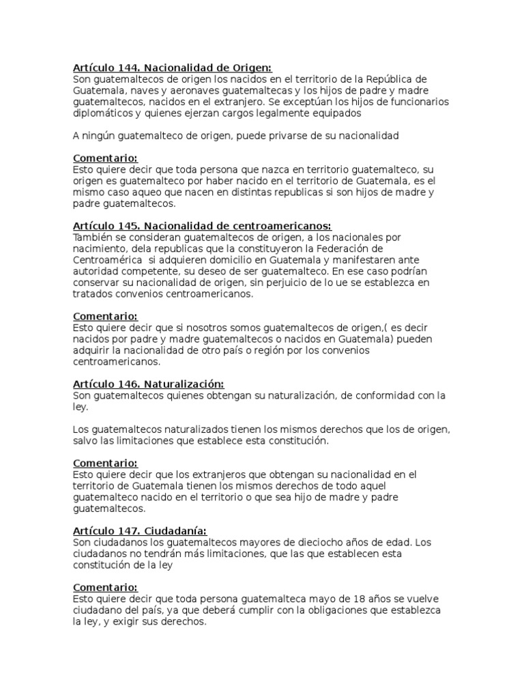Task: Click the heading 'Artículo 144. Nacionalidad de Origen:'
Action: coord(172,68)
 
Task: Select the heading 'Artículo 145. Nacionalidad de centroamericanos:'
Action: coord(202,226)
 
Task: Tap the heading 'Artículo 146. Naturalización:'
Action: coord(148,384)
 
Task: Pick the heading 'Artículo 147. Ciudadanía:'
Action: coord(140,531)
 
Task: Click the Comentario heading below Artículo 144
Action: coord(105,158)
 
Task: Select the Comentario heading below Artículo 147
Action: coord(105,588)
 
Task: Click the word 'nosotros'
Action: coord(190,328)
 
